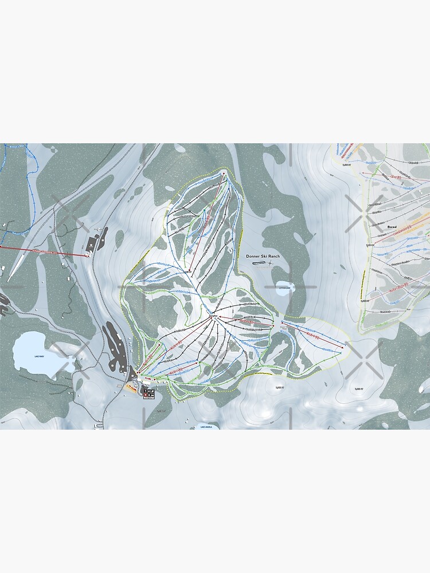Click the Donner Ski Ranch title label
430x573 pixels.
267,256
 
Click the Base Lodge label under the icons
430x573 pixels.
149,398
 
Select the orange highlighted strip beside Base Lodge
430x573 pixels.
131,388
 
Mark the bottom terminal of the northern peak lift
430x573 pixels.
189,272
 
